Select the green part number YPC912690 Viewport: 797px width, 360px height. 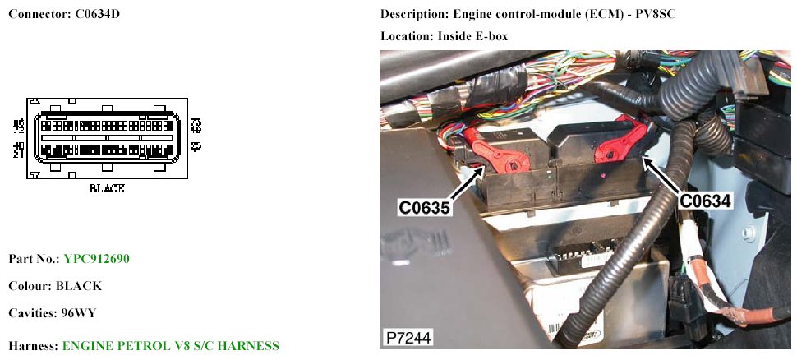pyautogui.click(x=96, y=259)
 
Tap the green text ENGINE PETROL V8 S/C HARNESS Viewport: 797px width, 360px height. pyautogui.click(x=171, y=345)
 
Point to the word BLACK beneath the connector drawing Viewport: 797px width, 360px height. pyautogui.click(x=107, y=188)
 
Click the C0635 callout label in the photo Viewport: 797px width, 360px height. pyautogui.click(x=425, y=208)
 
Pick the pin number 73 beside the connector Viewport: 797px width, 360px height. pyautogui.click(x=196, y=122)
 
